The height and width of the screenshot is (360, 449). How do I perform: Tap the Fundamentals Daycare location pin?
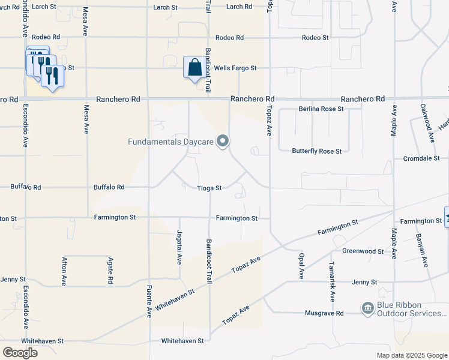click(x=223, y=142)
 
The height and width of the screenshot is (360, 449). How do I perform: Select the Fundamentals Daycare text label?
click(x=170, y=142)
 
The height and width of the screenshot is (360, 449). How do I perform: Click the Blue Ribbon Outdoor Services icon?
click(x=367, y=308)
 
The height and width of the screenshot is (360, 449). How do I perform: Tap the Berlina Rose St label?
click(x=321, y=109)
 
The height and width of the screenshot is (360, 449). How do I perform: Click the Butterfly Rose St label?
click(x=317, y=151)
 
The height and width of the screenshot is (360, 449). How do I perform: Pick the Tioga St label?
click(x=210, y=188)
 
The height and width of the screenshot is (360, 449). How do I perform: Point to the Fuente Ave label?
click(x=149, y=301)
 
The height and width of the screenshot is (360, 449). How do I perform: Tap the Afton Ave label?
click(x=64, y=271)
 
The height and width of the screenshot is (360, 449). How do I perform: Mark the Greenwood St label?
click(x=363, y=251)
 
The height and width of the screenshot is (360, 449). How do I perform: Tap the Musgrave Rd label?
click(x=324, y=313)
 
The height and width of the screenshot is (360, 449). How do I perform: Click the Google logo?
click(x=20, y=353)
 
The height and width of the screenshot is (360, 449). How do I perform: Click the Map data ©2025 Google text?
click(x=411, y=355)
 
